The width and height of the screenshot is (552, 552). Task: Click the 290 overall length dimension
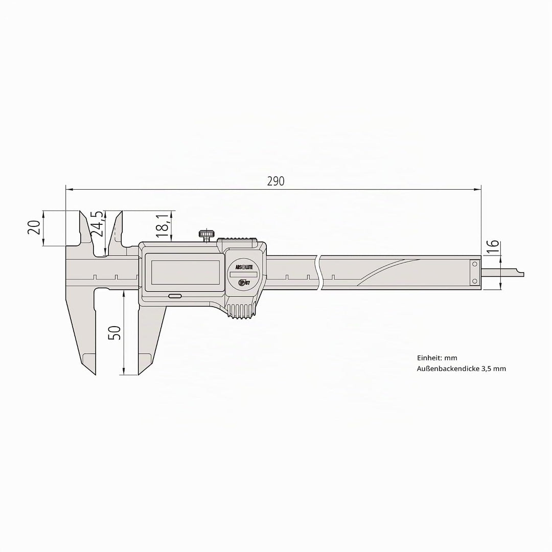(x=275, y=181)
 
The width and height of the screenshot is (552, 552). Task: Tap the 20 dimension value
(x=34, y=227)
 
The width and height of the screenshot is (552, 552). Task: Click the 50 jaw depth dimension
(x=115, y=333)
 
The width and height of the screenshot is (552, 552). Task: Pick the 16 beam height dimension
(x=494, y=246)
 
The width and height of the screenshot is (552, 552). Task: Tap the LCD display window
(x=188, y=272)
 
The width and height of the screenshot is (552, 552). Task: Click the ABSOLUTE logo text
(x=244, y=267)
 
